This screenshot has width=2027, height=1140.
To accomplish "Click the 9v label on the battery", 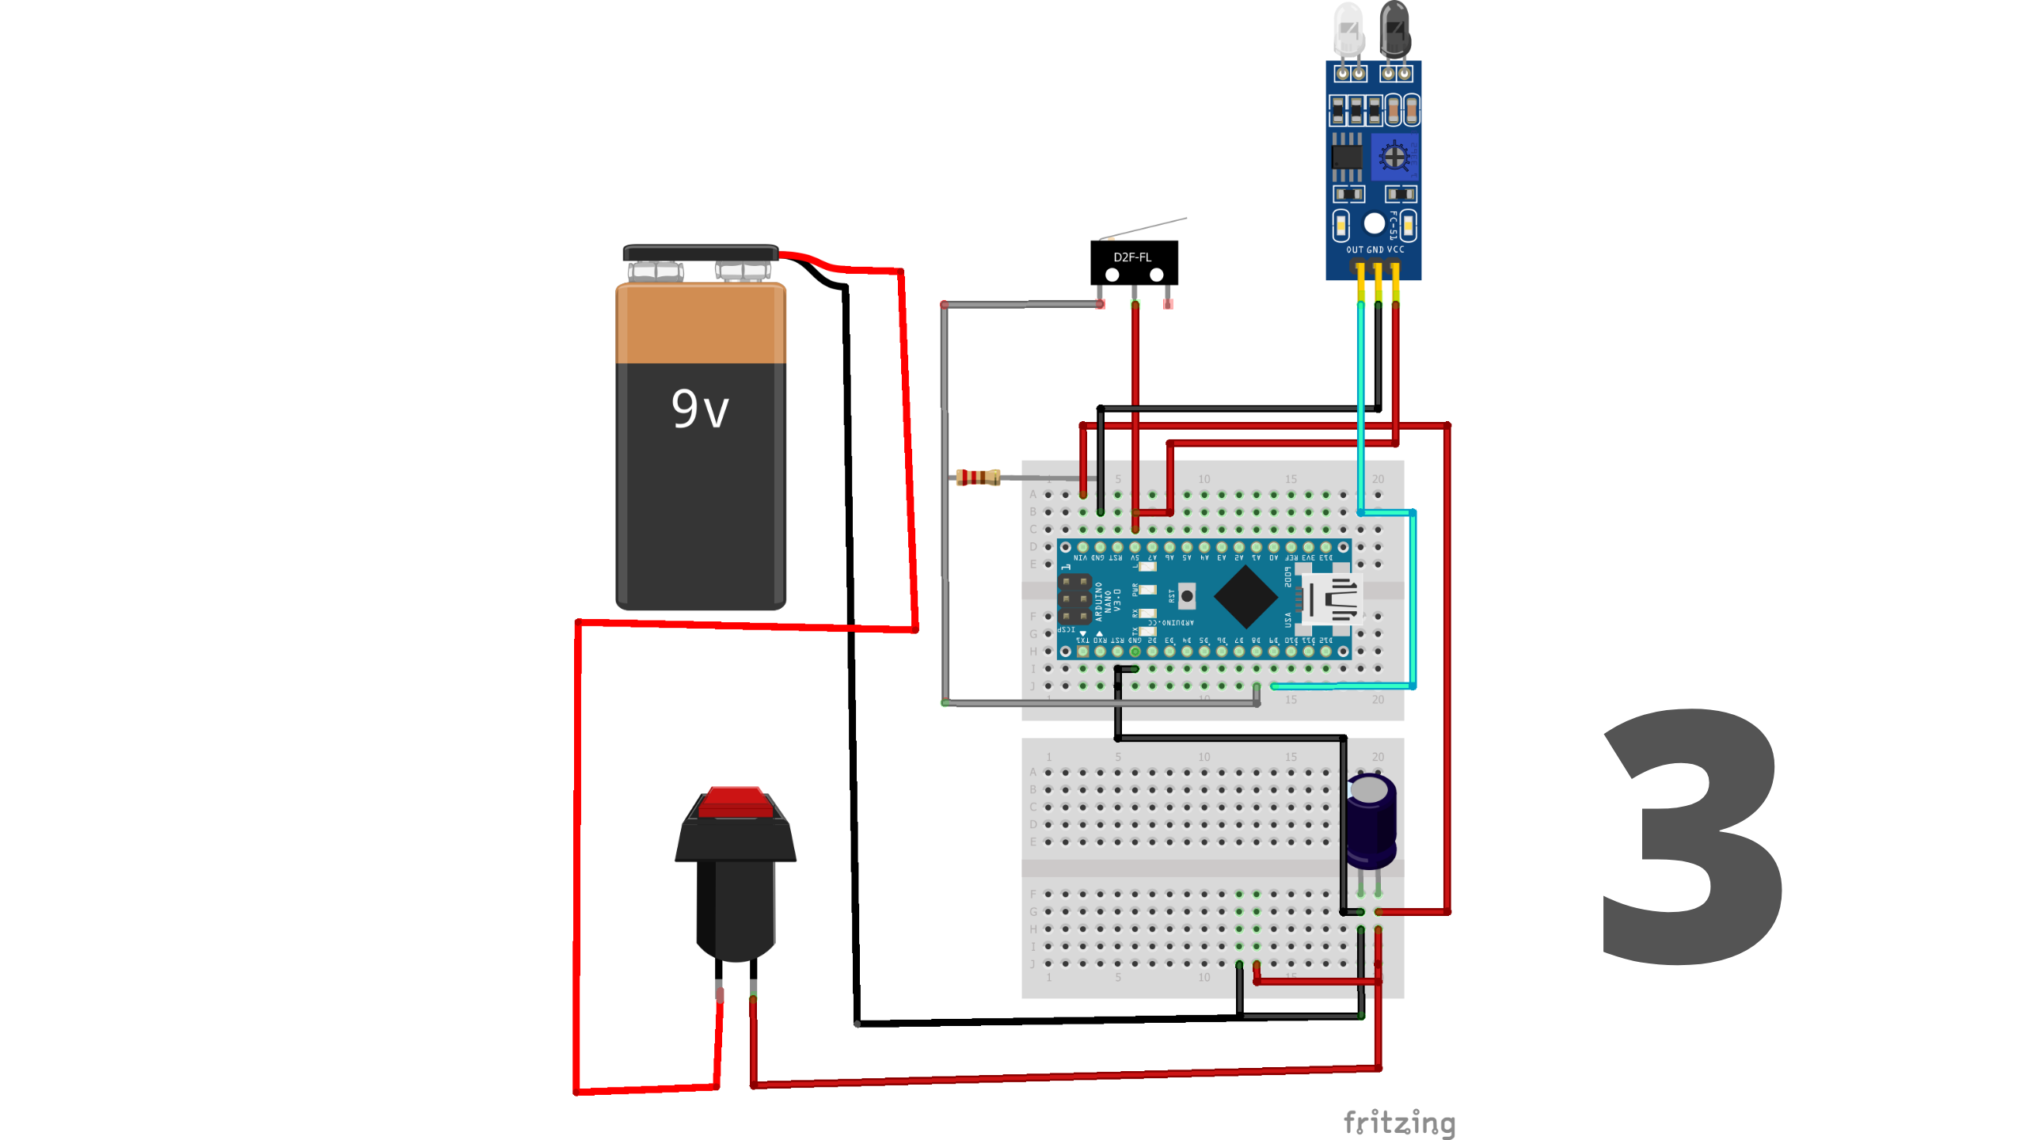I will click(700, 409).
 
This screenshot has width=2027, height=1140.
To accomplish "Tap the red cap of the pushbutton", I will click(736, 801).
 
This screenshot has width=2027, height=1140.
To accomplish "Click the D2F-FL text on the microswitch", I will click(1132, 257).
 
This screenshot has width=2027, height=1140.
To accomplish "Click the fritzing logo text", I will click(1399, 1123).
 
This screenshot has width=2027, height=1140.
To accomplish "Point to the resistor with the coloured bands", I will click(978, 477).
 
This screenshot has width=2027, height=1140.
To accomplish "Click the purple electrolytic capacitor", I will click(1371, 821).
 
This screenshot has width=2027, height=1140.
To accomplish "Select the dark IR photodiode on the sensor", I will click(1395, 28).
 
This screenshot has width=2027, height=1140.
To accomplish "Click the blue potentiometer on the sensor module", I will click(1394, 157).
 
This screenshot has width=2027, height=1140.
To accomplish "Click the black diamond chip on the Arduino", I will click(1245, 598).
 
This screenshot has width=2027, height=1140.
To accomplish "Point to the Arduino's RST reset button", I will click(1186, 595).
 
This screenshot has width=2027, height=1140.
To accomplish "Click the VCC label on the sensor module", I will click(1396, 249).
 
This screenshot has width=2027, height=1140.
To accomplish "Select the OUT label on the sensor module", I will click(1355, 249).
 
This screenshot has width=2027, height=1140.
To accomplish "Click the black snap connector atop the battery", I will click(700, 253).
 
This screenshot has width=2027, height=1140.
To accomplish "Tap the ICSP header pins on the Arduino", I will click(1074, 598).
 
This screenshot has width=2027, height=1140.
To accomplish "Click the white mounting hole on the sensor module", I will click(1375, 224).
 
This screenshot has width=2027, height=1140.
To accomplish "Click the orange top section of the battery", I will click(700, 323).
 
